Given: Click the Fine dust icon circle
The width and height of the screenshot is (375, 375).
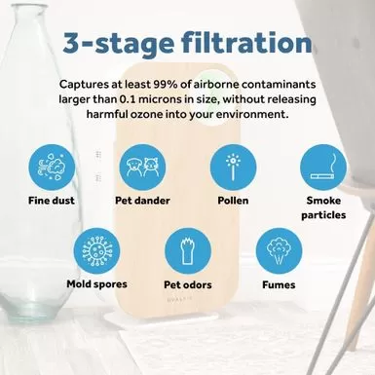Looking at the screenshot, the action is pyautogui.click(x=52, y=168).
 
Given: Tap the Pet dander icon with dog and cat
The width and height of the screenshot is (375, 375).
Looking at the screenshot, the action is pyautogui.click(x=142, y=168).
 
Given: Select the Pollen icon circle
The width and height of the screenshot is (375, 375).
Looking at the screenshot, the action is pyautogui.click(x=233, y=168).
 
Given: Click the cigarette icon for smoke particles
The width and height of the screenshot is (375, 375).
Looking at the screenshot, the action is pyautogui.click(x=323, y=168).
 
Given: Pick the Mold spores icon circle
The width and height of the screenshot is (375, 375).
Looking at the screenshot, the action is pyautogui.click(x=96, y=251).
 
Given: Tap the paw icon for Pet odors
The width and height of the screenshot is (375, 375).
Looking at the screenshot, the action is pyautogui.click(x=188, y=251).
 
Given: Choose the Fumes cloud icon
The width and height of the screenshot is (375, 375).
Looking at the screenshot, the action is pyautogui.click(x=279, y=251).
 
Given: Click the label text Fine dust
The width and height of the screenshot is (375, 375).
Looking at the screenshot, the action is pyautogui.click(x=52, y=201).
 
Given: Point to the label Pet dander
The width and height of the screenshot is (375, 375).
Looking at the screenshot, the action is pyautogui.click(x=142, y=201).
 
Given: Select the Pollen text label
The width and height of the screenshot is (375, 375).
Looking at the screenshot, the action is pyautogui.click(x=233, y=201).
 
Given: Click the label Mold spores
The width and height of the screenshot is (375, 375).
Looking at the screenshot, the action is pyautogui.click(x=96, y=284).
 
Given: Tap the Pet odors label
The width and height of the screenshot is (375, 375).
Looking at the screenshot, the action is pyautogui.click(x=188, y=284).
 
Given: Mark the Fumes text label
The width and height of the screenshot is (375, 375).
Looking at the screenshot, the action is pyautogui.click(x=279, y=284).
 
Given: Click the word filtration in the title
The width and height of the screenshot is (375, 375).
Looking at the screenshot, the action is pyautogui.click(x=246, y=43).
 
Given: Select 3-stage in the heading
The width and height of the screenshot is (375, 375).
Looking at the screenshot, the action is pyautogui.click(x=119, y=44).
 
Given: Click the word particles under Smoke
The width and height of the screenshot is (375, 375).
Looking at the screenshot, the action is pyautogui.click(x=323, y=215).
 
